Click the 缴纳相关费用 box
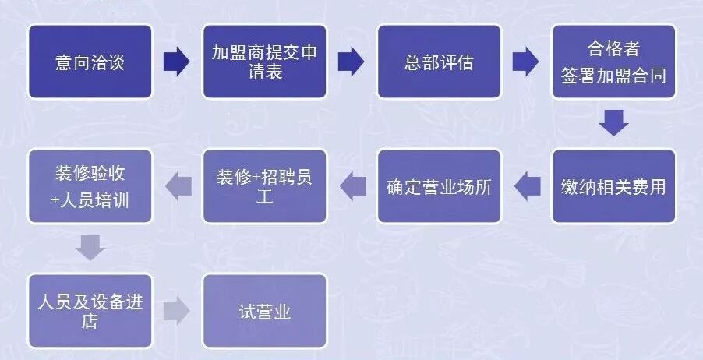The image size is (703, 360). (613, 186)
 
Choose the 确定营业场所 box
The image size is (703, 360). (439, 186)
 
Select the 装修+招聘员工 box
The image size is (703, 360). (264, 186)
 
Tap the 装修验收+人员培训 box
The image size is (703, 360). (90, 186)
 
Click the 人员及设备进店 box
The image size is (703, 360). (90, 310)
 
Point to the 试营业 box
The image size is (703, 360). (264, 310)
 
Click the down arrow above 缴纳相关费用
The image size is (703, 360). (613, 123)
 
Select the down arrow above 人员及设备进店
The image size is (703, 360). (90, 248)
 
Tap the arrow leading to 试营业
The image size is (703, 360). (177, 310)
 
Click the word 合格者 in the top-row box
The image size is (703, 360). (613, 49)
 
